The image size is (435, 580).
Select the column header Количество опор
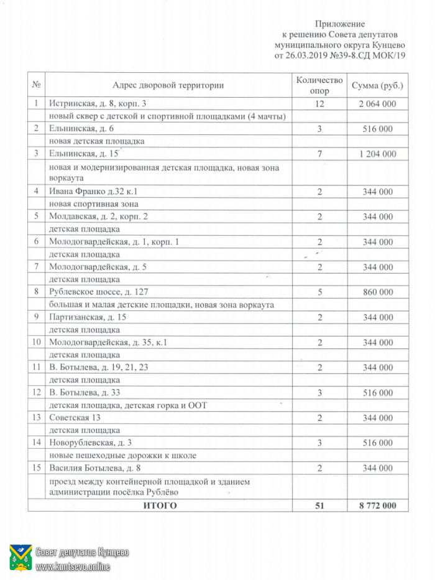pos(319,85)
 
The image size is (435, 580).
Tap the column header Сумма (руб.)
pos(377,85)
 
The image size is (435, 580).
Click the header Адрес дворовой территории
pos(168,85)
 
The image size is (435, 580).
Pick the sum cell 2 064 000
pos(377,104)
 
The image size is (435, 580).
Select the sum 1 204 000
pos(377,154)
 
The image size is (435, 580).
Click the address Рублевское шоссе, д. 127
pos(99,292)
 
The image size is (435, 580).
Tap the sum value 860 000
pos(377,292)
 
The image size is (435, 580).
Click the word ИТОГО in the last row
pos(160,505)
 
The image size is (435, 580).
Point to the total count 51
pos(319,505)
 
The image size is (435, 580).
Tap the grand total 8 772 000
pos(377,505)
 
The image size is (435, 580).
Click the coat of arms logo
pos(21,558)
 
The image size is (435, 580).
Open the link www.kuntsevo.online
pos(73,566)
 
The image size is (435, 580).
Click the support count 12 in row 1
pos(319,104)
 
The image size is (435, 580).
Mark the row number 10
pos(37,342)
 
